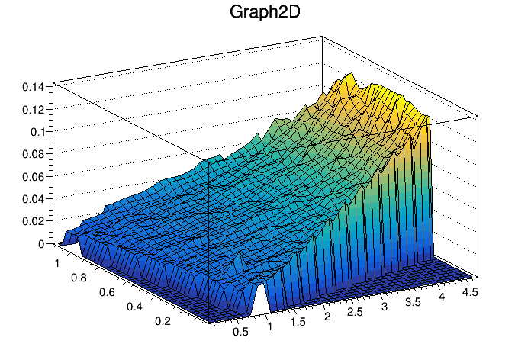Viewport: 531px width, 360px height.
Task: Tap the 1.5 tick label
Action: pos(297,323)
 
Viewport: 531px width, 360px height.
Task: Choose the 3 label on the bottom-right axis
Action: pos(385,306)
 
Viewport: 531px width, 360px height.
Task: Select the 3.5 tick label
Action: pos(413,301)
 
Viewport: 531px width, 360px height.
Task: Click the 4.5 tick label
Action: pos(471,290)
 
